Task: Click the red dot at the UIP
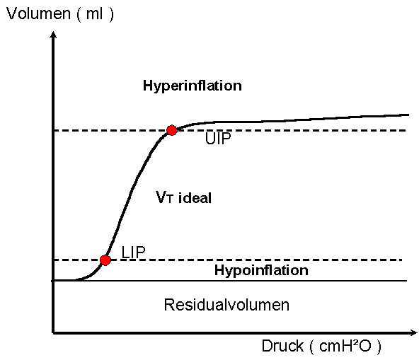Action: click(172, 130)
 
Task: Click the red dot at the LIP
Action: click(105, 260)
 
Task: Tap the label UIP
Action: click(218, 139)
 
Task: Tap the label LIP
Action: click(133, 252)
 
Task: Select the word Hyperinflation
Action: click(193, 86)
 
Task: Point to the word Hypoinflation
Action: click(261, 270)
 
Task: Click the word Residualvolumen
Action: click(226, 305)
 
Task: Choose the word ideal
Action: click(195, 198)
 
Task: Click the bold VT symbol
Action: click(165, 197)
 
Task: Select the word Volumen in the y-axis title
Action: click(38, 13)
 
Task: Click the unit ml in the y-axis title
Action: click(94, 13)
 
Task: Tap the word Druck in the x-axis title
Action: click(282, 346)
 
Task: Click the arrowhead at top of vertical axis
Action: click(54, 35)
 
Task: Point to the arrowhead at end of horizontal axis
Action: click(413, 332)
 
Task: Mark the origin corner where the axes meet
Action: click(54, 332)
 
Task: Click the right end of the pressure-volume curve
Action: click(409, 115)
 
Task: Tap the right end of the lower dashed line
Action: click(402, 260)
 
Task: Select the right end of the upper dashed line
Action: click(406, 130)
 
